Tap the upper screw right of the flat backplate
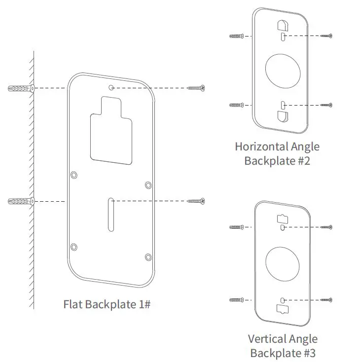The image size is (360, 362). (196, 88)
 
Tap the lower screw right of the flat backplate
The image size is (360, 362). (196, 201)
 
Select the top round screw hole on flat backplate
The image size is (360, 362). (112, 88)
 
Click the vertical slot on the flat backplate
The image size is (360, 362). (111, 214)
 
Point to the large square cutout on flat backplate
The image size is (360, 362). (111, 136)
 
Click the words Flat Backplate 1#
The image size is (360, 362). (107, 304)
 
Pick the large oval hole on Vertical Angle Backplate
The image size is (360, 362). (282, 263)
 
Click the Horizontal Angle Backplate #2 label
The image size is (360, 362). (277, 153)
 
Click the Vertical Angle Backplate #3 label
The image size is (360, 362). (283, 346)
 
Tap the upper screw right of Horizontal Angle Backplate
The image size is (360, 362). (326, 36)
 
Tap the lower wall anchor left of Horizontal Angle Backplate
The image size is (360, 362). (237, 105)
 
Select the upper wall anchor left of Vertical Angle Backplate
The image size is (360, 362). (237, 227)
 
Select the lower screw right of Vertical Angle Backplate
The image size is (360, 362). (326, 300)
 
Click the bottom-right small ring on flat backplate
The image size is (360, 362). (148, 256)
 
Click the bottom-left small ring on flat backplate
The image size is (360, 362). (74, 246)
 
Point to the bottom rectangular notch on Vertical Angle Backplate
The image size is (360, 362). (282, 309)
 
